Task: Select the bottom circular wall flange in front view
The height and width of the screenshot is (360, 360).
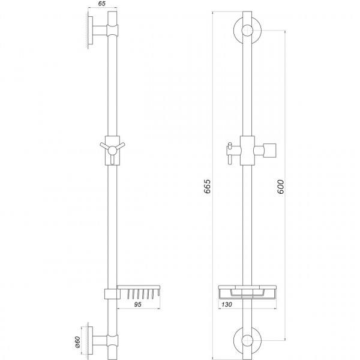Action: (245, 340)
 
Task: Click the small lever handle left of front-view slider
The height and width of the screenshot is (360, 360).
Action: (229, 150)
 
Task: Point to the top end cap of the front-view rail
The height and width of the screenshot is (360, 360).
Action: (245, 13)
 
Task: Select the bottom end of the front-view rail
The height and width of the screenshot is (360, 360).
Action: (245, 354)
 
